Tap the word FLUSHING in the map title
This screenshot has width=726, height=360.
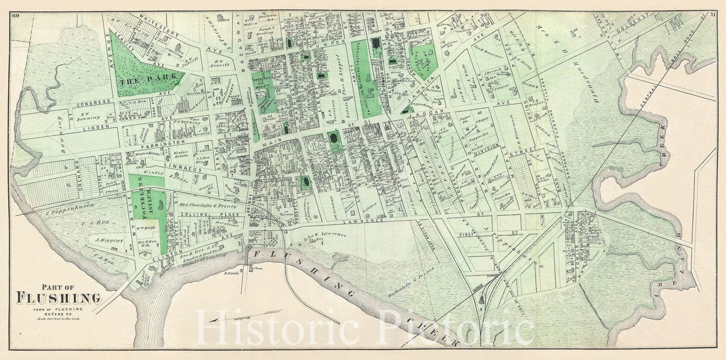click(59, 297)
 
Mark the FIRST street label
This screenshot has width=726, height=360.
click(490, 234)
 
